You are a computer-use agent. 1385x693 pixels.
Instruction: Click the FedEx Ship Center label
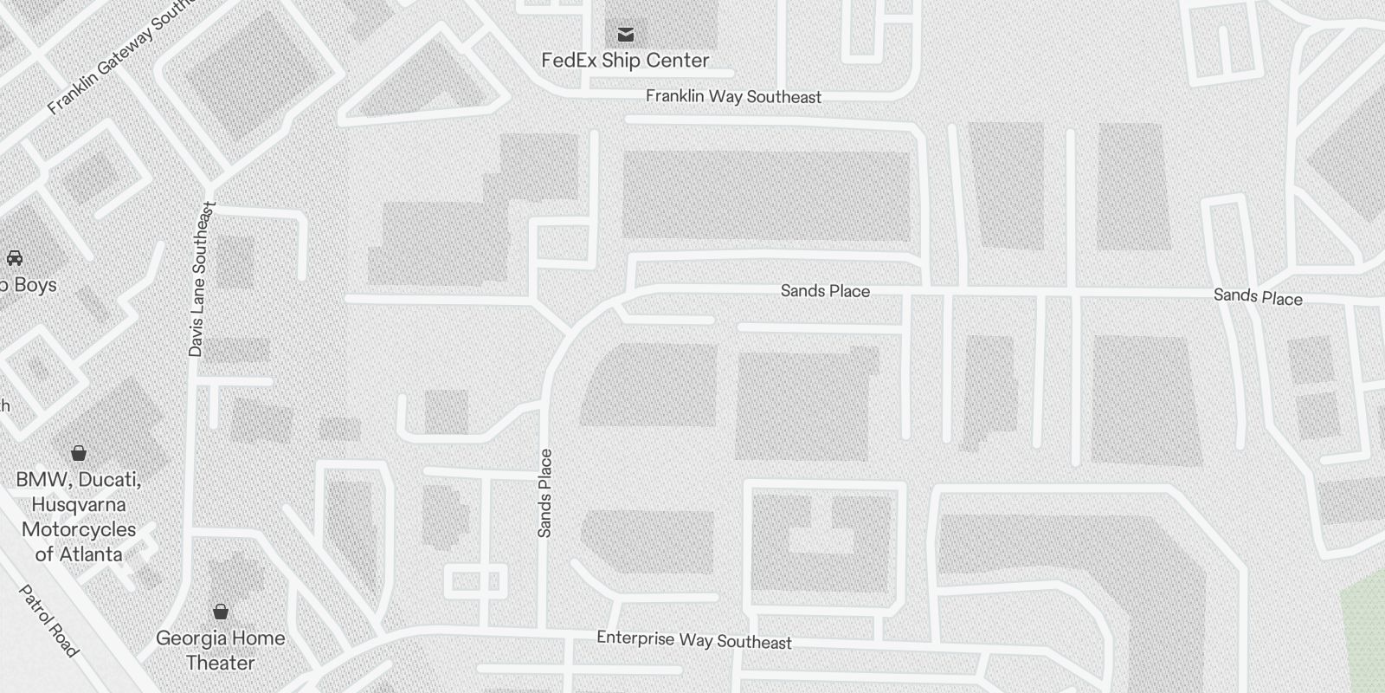pyautogui.click(x=625, y=61)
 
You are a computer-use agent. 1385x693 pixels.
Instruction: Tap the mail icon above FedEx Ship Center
pyautogui.click(x=625, y=35)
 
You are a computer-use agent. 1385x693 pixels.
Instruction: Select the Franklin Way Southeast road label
pyautogui.click(x=733, y=97)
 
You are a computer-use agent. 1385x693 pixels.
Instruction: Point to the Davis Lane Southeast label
pyautogui.click(x=201, y=279)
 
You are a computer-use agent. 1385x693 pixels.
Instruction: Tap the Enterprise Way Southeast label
pyautogui.click(x=693, y=641)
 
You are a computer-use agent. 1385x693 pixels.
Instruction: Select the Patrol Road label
pyautogui.click(x=49, y=621)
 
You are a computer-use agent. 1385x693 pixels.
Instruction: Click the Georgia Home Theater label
pyautogui.click(x=221, y=651)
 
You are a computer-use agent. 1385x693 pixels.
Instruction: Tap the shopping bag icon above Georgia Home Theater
pyautogui.click(x=221, y=612)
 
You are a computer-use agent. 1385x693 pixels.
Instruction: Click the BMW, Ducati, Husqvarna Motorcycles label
pyautogui.click(x=79, y=517)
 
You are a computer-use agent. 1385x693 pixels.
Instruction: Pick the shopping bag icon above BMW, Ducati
pyautogui.click(x=79, y=452)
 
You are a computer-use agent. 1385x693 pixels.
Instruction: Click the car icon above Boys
pyautogui.click(x=15, y=257)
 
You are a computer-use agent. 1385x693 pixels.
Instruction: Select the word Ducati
pyautogui.click(x=111, y=480)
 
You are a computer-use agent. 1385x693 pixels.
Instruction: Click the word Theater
pyautogui.click(x=221, y=664)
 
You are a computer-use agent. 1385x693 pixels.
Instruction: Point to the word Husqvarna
pyautogui.click(x=79, y=505)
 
